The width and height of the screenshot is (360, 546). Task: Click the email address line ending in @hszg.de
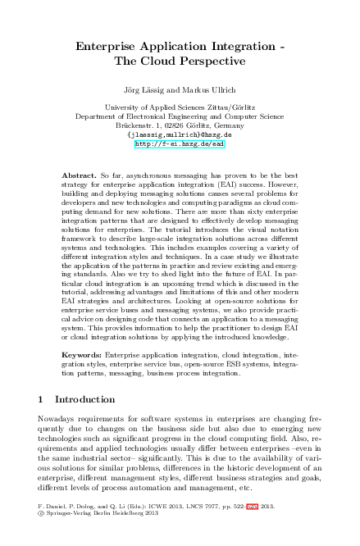coord(180,134)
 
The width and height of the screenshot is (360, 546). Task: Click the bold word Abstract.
coord(79,175)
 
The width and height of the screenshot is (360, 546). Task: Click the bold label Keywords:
coord(85,355)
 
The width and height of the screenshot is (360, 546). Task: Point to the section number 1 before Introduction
coord(42,399)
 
